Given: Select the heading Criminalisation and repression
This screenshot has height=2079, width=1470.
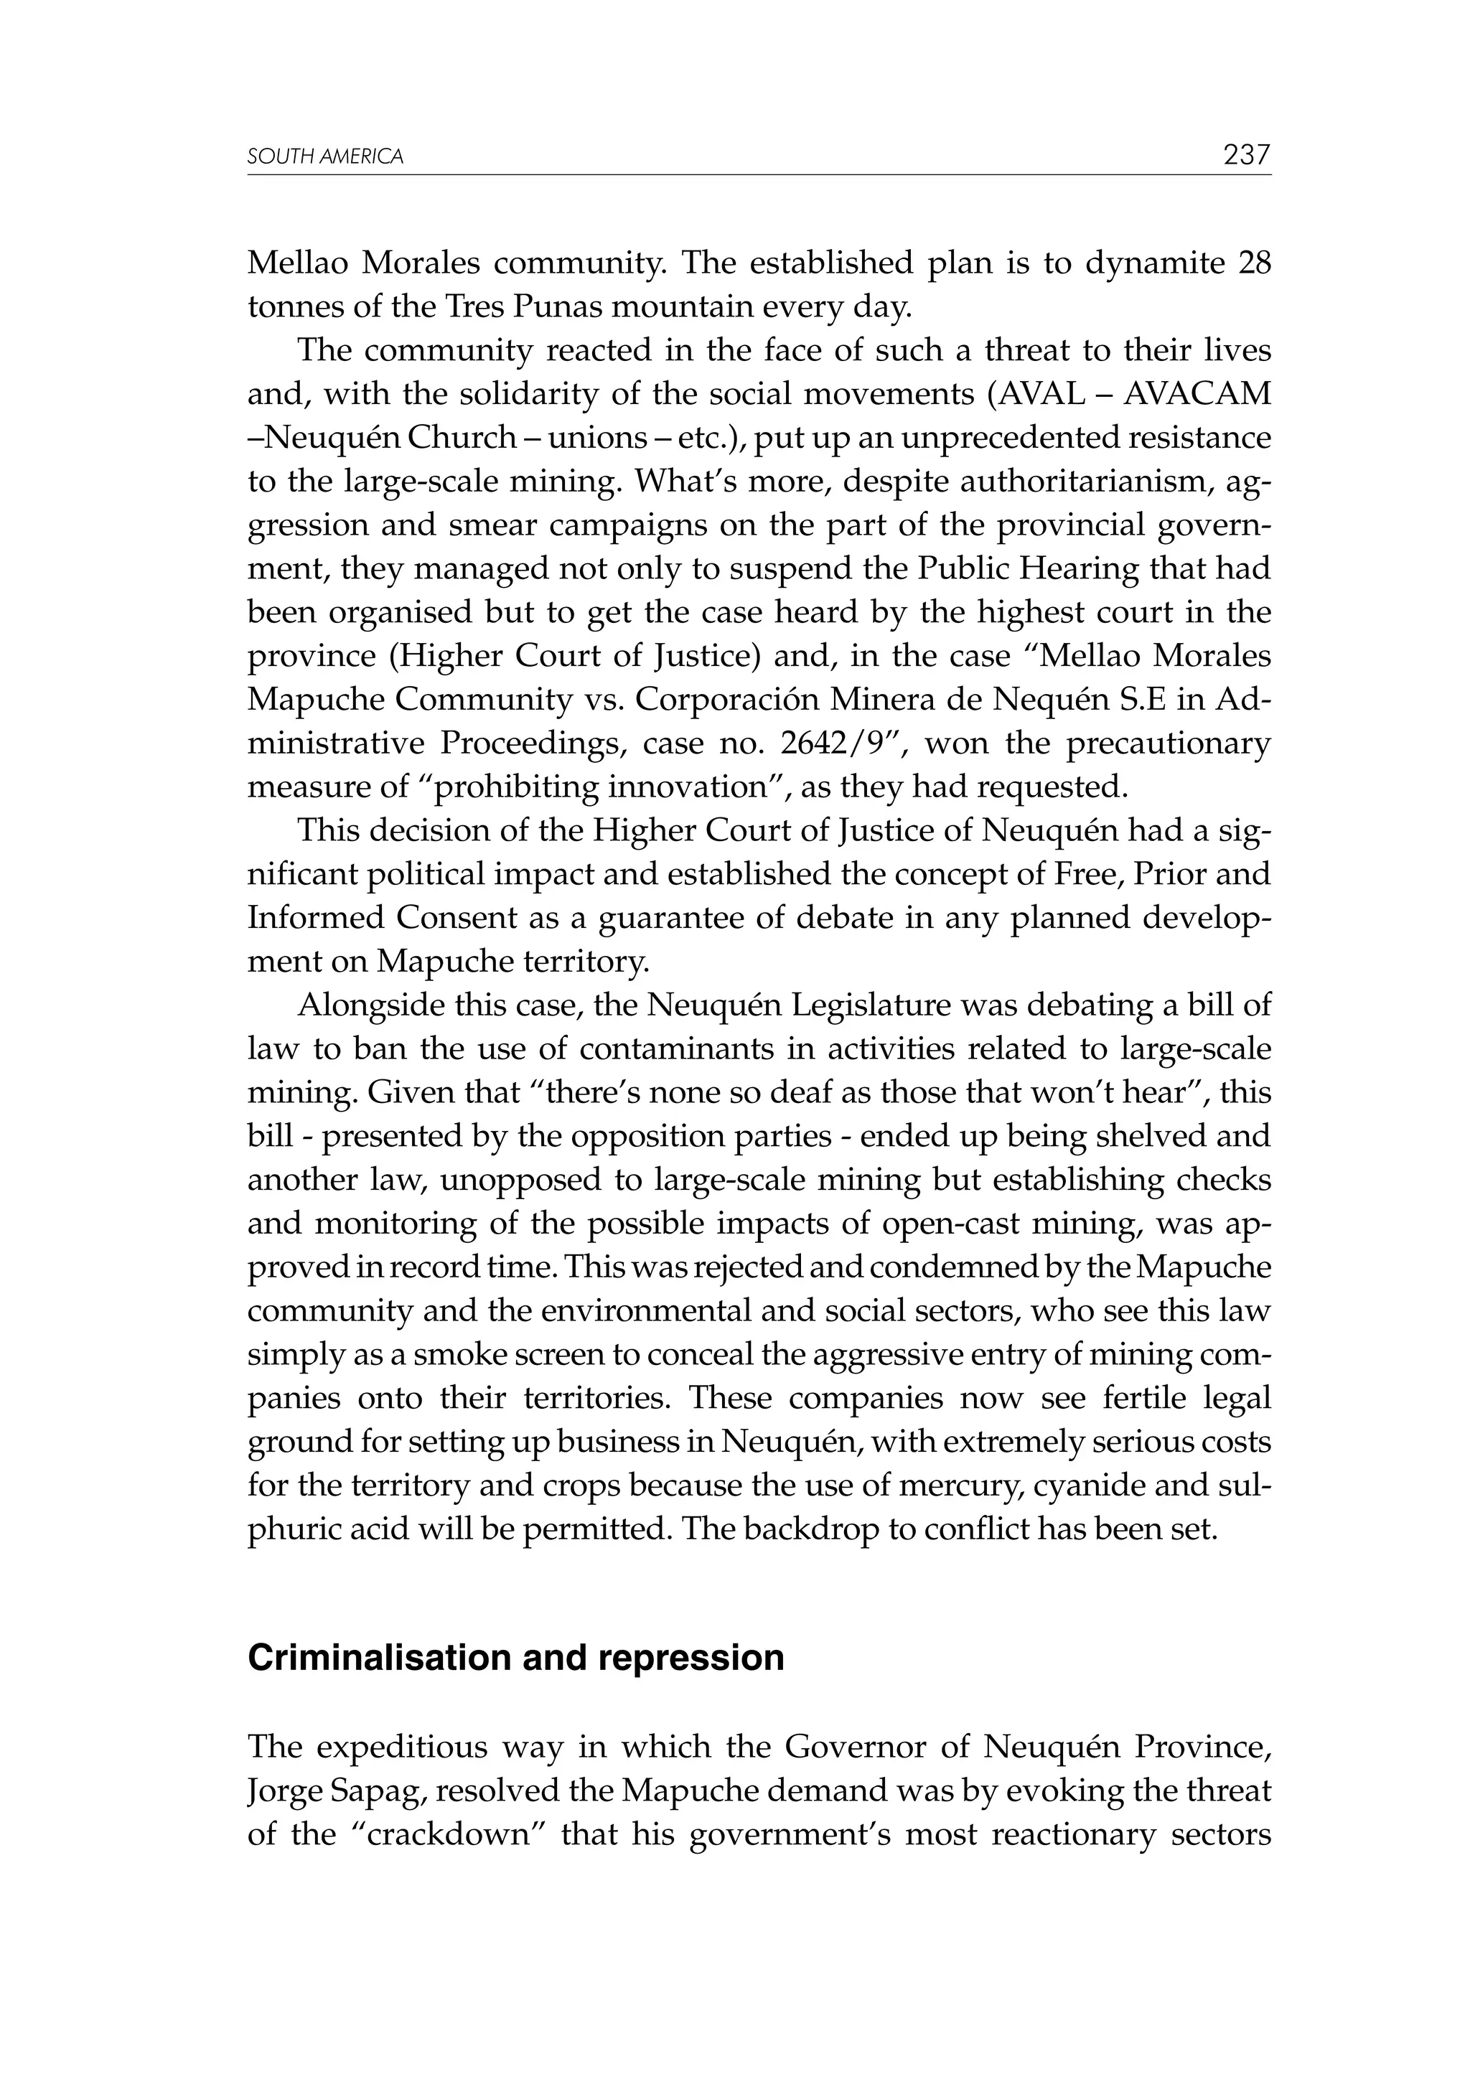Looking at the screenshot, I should [x=515, y=1657].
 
